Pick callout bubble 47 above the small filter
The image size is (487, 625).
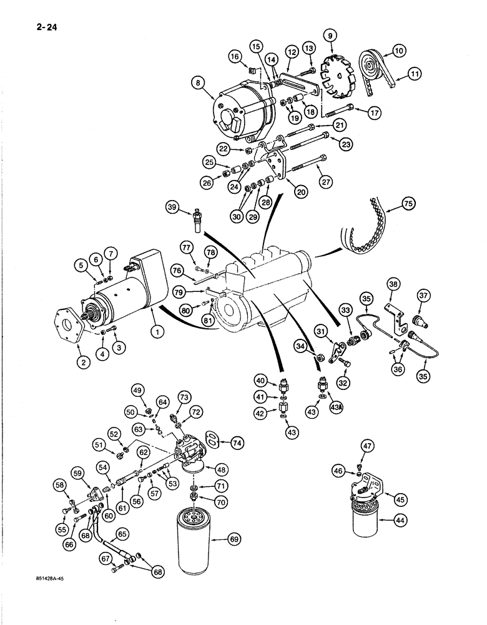point(366,446)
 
